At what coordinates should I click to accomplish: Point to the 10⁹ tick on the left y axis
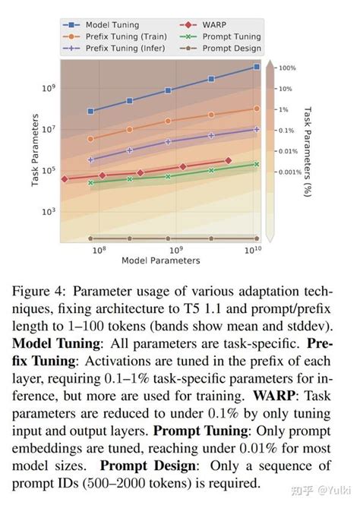coord(49,87)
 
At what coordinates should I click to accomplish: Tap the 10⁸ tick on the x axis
coord(97,248)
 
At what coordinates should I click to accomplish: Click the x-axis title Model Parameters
coord(160,260)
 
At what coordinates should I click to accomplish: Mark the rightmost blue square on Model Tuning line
coord(256,67)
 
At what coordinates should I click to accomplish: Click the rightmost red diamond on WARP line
coord(229,160)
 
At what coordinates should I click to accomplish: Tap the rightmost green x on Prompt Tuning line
coord(256,164)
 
